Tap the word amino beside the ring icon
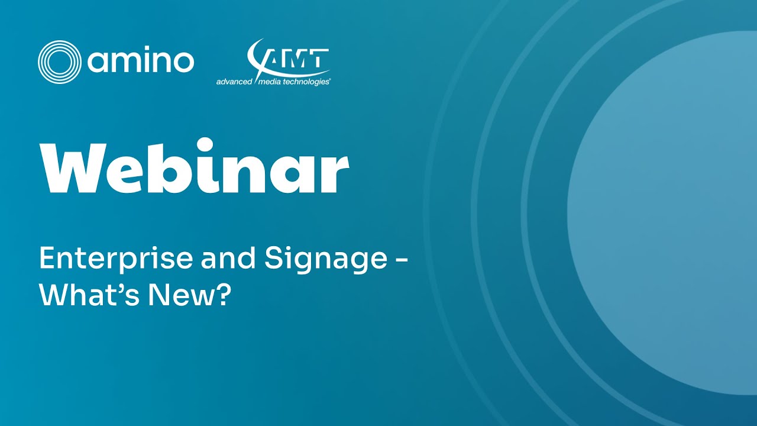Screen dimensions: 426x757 [x=141, y=62]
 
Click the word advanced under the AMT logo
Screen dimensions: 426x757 [x=234, y=82]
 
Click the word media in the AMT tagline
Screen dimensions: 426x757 [x=271, y=82]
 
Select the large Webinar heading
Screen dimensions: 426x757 [x=194, y=167]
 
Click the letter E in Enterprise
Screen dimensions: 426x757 [x=46, y=259]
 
